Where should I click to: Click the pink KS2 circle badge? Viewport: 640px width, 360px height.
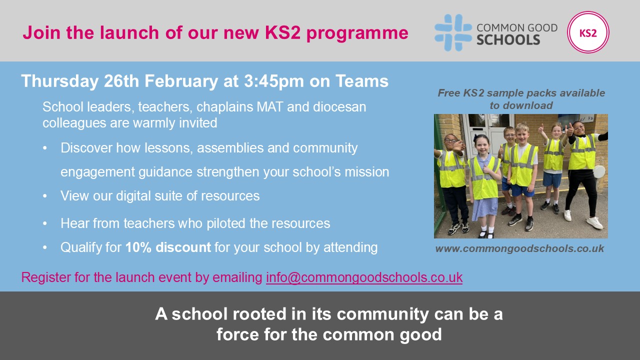point(588,32)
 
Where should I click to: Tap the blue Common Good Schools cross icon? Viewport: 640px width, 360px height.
point(453,32)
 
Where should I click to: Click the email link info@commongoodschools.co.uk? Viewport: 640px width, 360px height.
point(364,277)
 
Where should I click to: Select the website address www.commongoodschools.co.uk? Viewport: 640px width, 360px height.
point(519,248)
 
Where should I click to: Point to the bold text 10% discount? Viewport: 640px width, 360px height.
point(168,247)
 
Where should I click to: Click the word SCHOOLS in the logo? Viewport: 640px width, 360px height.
point(508,39)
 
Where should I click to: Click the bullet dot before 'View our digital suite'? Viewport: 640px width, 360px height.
point(46,196)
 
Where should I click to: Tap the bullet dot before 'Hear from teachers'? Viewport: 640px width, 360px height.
point(46,223)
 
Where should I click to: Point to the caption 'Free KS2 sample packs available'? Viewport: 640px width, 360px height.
point(521,93)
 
